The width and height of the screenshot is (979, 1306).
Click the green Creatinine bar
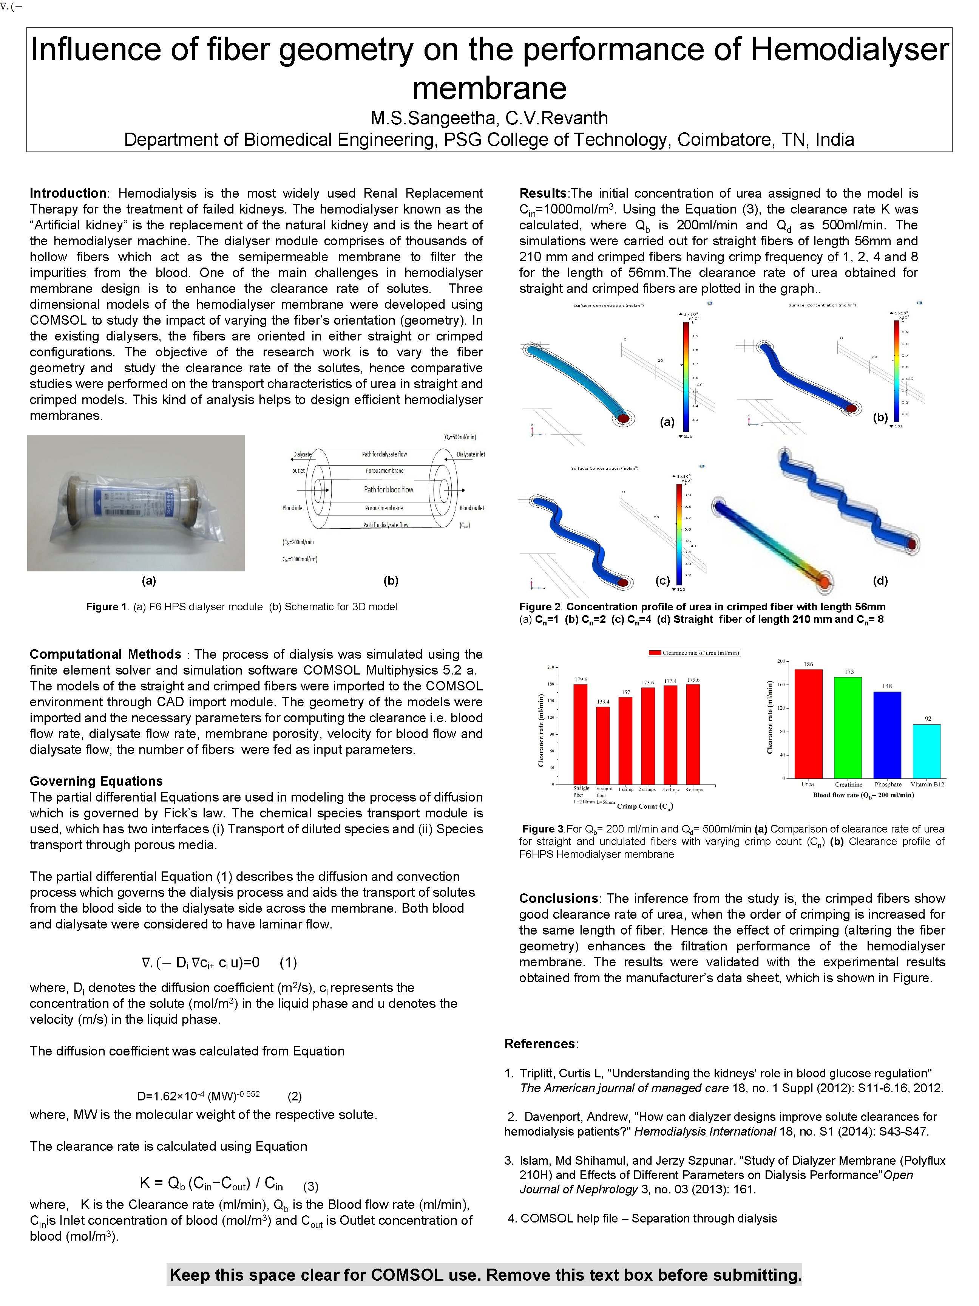(x=848, y=727)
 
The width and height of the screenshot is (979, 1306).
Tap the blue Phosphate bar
(x=887, y=735)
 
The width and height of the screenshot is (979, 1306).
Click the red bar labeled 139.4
(x=602, y=745)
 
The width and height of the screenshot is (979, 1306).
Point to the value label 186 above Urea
(x=808, y=664)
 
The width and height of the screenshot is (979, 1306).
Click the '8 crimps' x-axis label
(x=693, y=789)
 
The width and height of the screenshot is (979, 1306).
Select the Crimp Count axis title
(x=645, y=806)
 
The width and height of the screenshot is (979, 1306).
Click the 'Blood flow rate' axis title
(x=863, y=795)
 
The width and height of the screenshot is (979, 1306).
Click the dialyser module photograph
(x=136, y=503)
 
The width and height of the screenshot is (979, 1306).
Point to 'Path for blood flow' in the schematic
(x=388, y=489)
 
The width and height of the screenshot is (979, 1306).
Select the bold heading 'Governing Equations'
(x=96, y=781)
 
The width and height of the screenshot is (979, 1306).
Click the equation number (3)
(x=310, y=1186)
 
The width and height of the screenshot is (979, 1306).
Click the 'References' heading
(x=539, y=1043)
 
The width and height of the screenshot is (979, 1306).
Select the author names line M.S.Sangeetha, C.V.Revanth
(x=489, y=118)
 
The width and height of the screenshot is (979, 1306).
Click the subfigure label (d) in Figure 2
(x=880, y=580)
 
